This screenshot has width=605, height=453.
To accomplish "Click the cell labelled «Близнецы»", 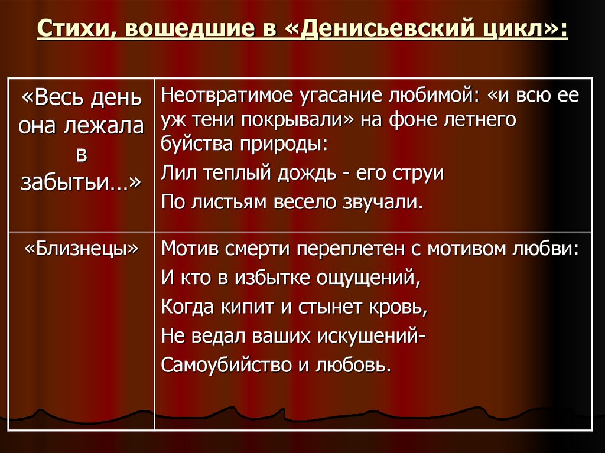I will point(81,249).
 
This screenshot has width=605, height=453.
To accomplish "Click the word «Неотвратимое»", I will point(233,95).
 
